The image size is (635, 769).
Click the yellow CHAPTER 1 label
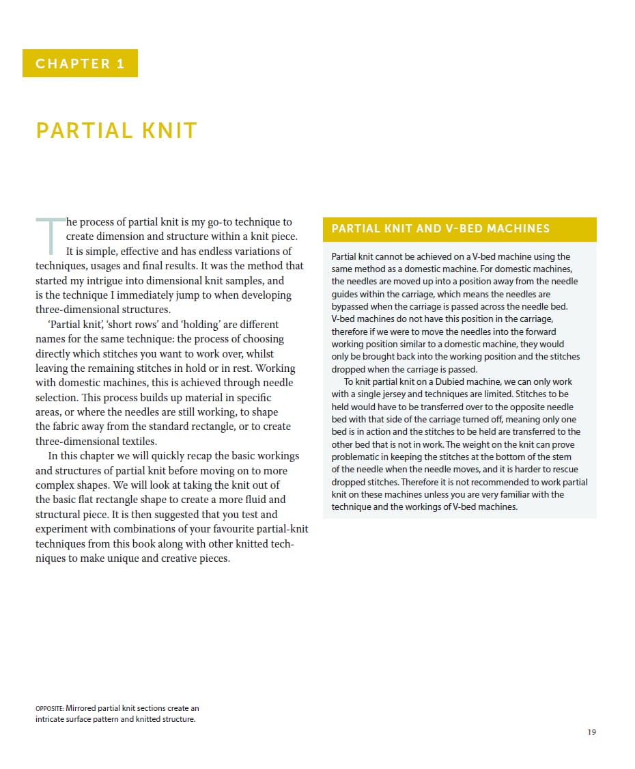pos(80,64)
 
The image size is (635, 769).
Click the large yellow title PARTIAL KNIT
pos(117,131)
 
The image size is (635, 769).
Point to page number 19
pos(591,732)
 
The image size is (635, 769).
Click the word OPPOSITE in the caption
pos(49,709)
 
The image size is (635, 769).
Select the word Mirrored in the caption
pos(83,708)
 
